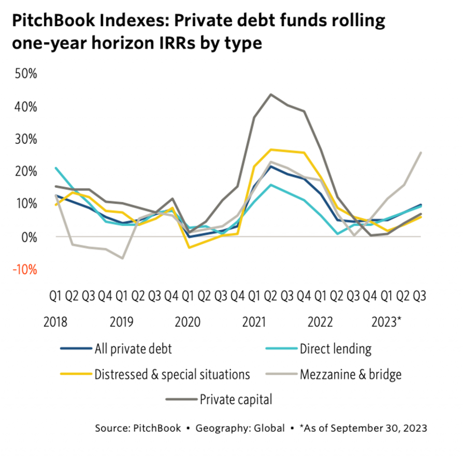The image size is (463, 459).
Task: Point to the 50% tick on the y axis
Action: click(x=25, y=74)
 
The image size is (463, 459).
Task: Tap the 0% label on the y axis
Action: click(x=28, y=237)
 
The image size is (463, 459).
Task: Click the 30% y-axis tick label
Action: click(x=25, y=139)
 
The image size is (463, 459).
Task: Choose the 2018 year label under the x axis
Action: click(x=55, y=322)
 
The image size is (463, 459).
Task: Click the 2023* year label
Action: click(x=387, y=322)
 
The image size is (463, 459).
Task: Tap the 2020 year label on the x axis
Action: click(x=188, y=322)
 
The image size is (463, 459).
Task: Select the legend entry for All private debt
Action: click(x=133, y=348)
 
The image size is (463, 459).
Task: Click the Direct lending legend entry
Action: click(x=335, y=348)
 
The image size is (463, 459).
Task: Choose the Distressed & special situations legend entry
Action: click(x=172, y=374)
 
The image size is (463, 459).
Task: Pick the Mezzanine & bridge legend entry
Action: click(x=350, y=374)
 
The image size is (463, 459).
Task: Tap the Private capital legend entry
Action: click(x=236, y=399)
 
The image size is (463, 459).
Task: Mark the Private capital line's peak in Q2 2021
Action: click(x=271, y=94)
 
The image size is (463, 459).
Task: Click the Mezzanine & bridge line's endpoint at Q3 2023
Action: click(x=421, y=153)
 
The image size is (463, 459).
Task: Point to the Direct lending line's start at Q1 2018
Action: click(x=56, y=168)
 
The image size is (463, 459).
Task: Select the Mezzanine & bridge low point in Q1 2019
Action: click(x=122, y=258)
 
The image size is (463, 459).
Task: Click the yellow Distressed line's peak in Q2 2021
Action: click(x=271, y=150)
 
